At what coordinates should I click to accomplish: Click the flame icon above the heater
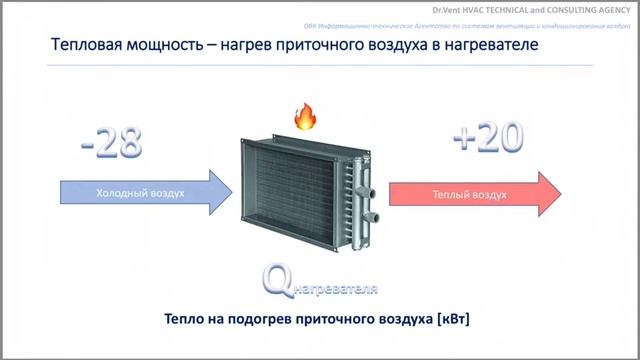303,117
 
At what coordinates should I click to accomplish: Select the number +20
488,139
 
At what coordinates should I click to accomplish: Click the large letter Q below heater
277,281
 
